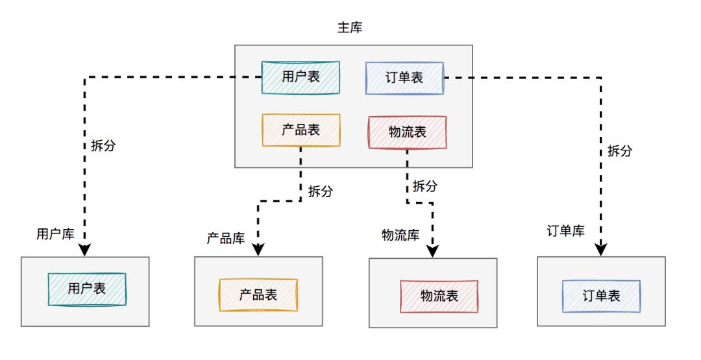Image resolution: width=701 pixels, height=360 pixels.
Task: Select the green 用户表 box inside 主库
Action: click(301, 77)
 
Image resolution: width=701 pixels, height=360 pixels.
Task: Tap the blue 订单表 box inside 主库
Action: click(404, 78)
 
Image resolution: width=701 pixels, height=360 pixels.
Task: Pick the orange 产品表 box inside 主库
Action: click(301, 130)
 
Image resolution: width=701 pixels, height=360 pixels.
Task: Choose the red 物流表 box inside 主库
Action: click(407, 132)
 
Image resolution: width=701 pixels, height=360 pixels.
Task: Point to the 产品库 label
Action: click(225, 238)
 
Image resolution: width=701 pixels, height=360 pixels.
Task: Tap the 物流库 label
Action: click(400, 235)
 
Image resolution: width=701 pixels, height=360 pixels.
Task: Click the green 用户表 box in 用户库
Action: click(87, 289)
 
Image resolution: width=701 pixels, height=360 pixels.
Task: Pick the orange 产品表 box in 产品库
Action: click(258, 295)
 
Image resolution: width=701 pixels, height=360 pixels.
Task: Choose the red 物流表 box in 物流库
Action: click(439, 296)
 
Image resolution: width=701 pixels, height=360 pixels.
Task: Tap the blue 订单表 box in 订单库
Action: click(601, 296)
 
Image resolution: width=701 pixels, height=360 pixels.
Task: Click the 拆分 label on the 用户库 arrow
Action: click(103, 145)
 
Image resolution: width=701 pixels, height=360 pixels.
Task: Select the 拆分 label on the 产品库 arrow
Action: click(320, 191)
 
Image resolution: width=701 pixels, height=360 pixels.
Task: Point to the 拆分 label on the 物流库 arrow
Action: click(424, 186)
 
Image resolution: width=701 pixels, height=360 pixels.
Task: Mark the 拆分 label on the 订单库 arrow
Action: click(619, 150)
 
